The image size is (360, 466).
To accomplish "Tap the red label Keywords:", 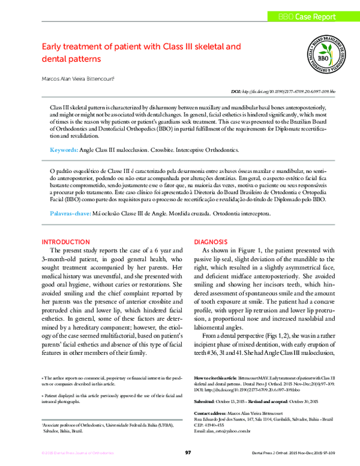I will (63, 148).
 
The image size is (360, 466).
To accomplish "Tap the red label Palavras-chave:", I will (70, 213).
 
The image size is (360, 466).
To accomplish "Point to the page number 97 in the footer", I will (188, 452).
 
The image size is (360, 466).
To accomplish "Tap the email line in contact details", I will (230, 431).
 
